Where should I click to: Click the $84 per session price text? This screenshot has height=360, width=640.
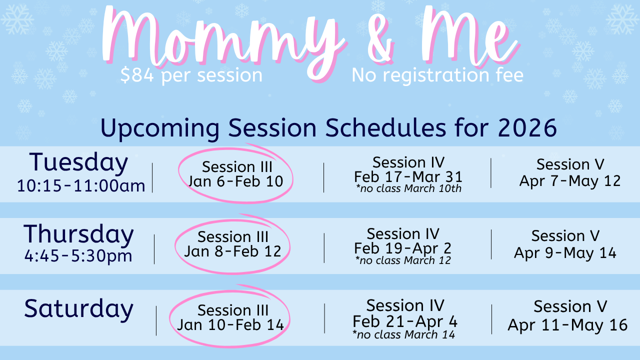click(x=191, y=75)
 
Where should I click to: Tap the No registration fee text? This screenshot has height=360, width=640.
click(x=437, y=75)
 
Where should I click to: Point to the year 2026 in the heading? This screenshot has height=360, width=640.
click(x=527, y=127)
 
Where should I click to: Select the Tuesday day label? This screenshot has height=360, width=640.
click(x=78, y=163)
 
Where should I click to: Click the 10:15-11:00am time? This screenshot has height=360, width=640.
click(x=81, y=185)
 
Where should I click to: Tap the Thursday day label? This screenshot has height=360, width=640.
click(x=78, y=235)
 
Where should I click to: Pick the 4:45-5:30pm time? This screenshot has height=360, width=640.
click(x=78, y=255)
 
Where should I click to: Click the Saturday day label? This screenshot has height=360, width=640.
click(x=78, y=308)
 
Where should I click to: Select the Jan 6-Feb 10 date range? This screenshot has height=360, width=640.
click(x=235, y=181)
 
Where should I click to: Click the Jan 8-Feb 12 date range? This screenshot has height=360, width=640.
click(x=232, y=251)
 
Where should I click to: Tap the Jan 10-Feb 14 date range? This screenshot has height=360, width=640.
click(x=230, y=325)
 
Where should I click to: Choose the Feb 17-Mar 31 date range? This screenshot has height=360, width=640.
click(x=408, y=177)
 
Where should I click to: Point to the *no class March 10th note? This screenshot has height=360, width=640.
click(x=408, y=188)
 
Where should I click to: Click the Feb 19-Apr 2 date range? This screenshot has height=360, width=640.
click(x=402, y=248)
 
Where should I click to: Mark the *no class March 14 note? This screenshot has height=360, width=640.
click(x=403, y=334)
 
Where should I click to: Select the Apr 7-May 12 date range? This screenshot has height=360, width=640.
click(x=570, y=181)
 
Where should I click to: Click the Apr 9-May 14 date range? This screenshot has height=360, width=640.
click(x=565, y=253)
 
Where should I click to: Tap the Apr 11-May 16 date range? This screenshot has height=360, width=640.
click(x=567, y=325)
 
